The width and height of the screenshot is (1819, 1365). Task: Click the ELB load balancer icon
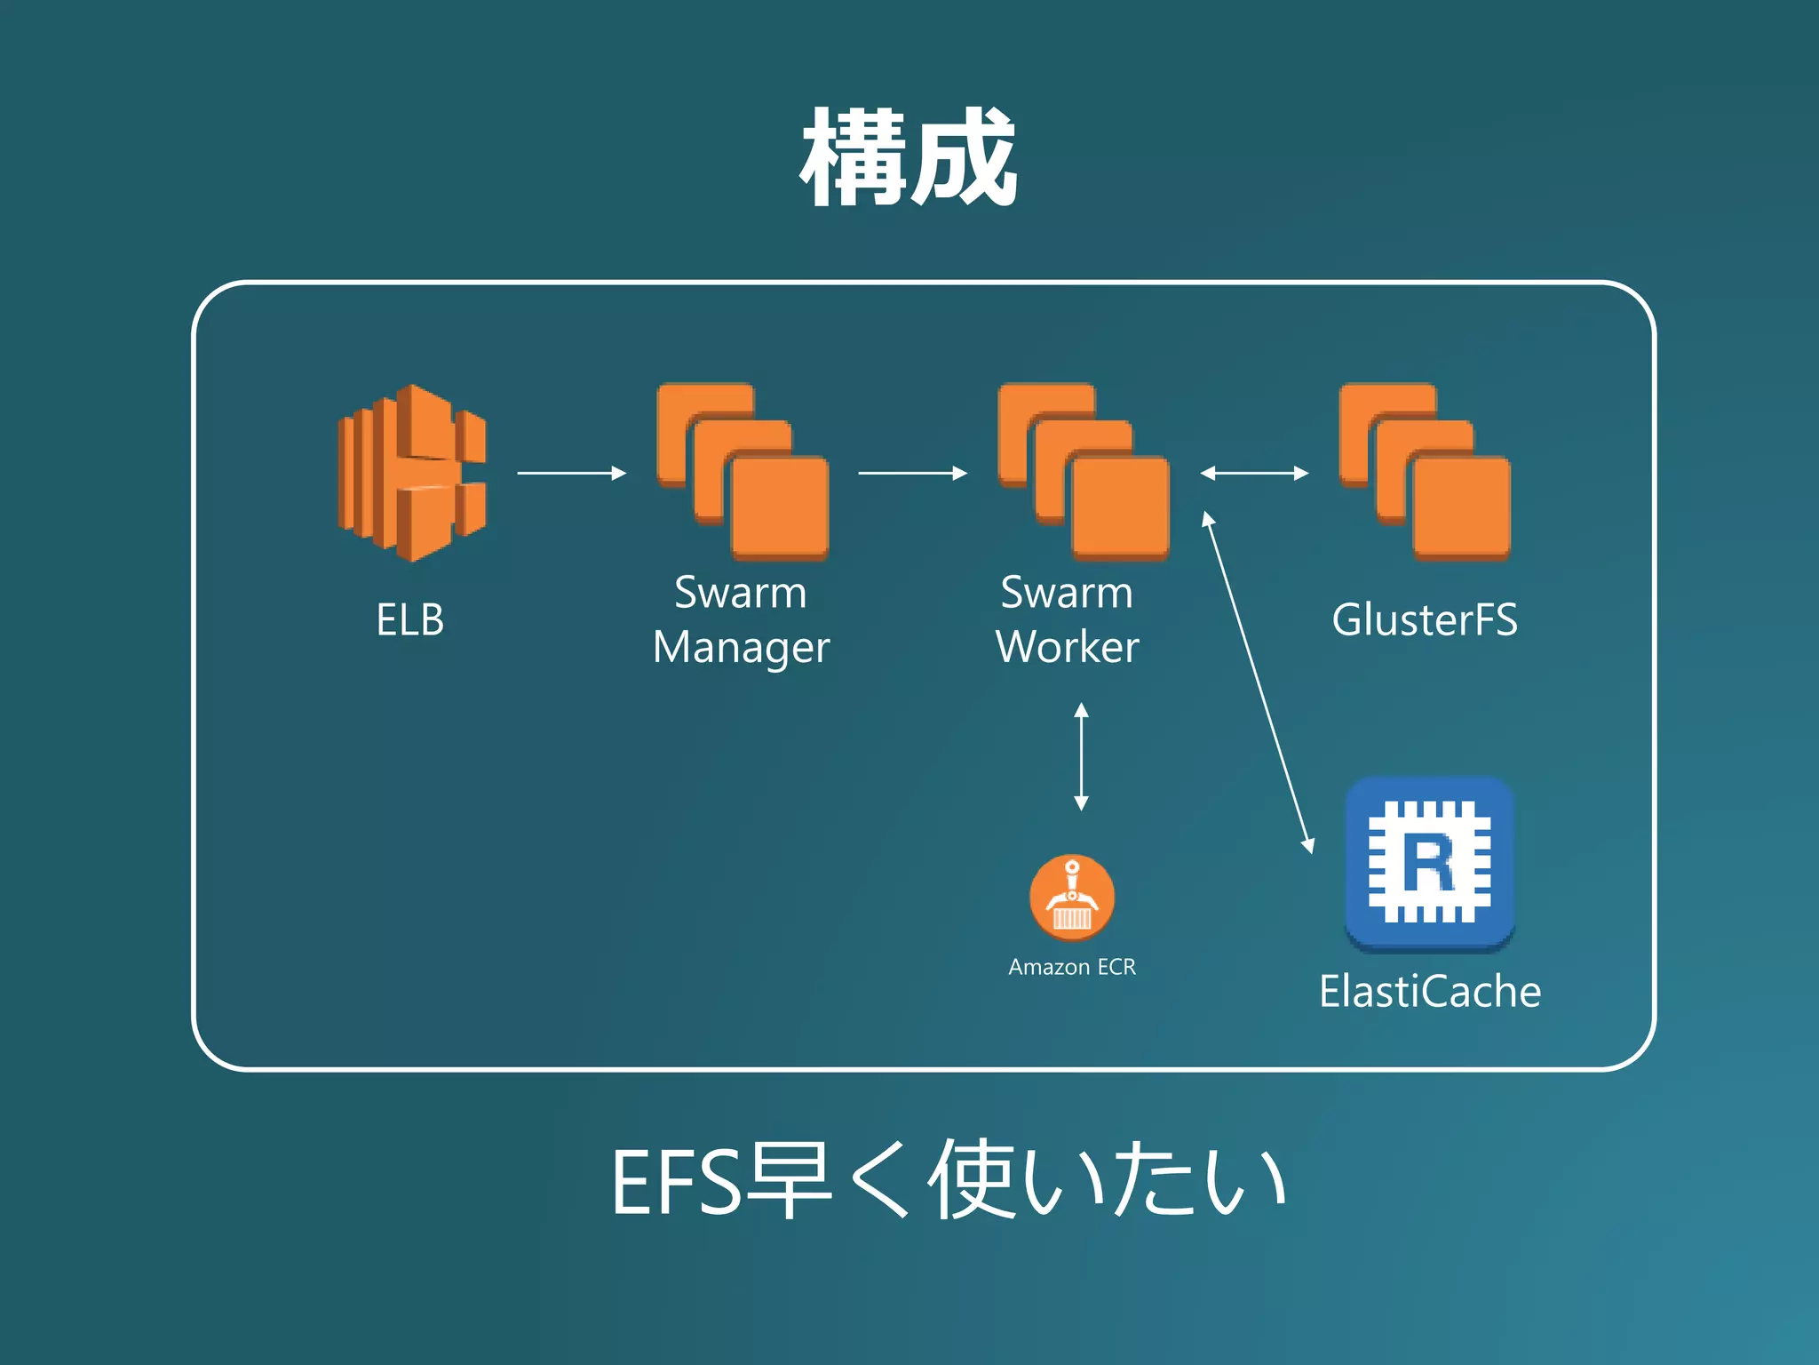coord(412,473)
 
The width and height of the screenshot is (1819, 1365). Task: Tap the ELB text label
coord(409,619)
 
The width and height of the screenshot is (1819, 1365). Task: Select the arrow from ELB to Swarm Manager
coord(571,473)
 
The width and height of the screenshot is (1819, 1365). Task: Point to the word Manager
coord(741,647)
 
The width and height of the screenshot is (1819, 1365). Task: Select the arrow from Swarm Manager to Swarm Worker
coord(912,473)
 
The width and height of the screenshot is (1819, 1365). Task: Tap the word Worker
coord(1067,647)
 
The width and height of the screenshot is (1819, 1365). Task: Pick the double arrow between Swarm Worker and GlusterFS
coord(1254,473)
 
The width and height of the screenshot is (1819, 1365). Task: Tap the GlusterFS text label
coord(1425,619)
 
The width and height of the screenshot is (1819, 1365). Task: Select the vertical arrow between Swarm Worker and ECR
coord(1081,756)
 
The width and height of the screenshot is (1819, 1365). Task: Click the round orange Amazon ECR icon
coord(1072,898)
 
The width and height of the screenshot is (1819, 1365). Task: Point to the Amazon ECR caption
coord(1072,967)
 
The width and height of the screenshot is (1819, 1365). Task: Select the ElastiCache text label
coord(1429,991)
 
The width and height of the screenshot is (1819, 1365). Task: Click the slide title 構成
coord(908,158)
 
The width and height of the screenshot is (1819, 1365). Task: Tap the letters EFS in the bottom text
coord(675,1182)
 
